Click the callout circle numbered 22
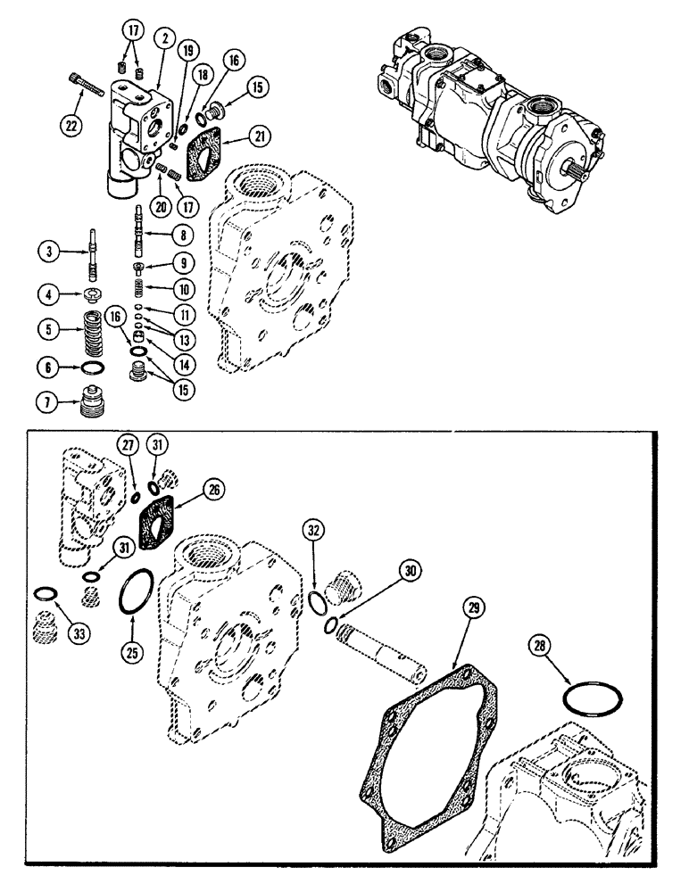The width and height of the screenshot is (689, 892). (71, 125)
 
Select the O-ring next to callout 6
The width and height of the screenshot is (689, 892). (88, 368)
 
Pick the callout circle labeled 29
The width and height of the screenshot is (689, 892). (473, 609)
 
